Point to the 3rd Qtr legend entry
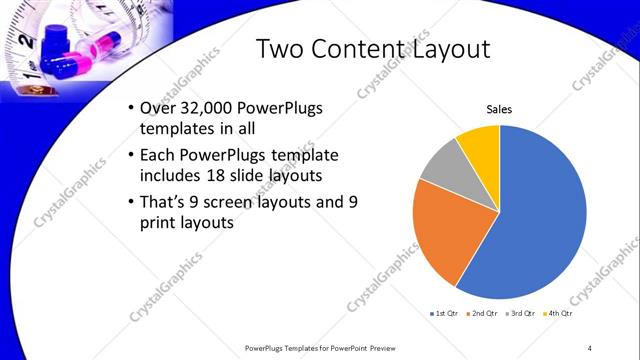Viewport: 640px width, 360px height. tap(521, 313)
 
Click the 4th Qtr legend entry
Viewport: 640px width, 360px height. tap(557, 313)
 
